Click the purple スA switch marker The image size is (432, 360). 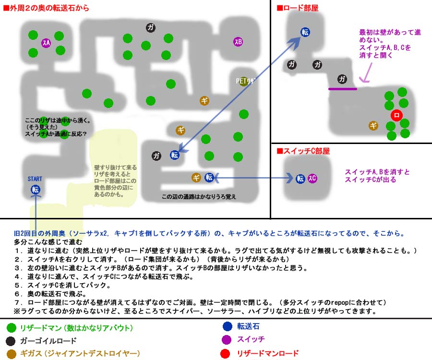point(46,43)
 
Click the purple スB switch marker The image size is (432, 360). point(238,42)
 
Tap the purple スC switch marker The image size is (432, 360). point(312,179)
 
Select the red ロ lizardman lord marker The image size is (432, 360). point(396,115)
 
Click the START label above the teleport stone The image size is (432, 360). point(35,179)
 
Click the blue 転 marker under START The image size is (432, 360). point(36,190)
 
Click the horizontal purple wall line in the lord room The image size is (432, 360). point(343,89)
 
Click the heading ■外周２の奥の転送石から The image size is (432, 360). point(46,8)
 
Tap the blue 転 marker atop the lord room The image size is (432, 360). point(305,32)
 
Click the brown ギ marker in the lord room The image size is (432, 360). point(373,126)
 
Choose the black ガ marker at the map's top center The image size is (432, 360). point(151,28)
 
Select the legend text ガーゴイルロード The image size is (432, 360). point(48,341)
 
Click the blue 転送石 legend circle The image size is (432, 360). point(228,327)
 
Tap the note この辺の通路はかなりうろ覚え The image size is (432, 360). point(199,197)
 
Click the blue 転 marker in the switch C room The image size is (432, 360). point(300,179)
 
